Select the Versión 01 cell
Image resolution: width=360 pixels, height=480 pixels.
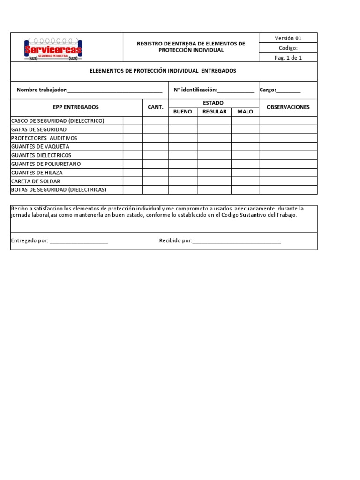coord(288,38)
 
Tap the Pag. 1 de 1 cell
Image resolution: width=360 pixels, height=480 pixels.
coord(288,58)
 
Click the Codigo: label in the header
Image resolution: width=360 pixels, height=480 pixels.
coord(288,48)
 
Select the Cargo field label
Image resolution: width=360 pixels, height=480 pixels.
coord(268,90)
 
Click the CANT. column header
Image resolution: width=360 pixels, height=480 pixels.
coord(155,107)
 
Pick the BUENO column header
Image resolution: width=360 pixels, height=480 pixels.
coord(183,112)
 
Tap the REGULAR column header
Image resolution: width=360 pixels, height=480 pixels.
coord(214,112)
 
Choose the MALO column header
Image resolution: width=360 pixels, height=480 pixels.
coord(245,112)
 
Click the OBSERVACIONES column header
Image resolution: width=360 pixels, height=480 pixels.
coord(288,107)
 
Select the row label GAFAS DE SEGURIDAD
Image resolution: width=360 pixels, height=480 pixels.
coord(39,129)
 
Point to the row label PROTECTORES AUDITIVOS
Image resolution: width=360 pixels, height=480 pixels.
coord(44,138)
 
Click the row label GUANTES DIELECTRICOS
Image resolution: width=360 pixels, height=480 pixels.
coord(41,155)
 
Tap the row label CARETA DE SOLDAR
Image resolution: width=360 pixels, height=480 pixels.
coord(36,181)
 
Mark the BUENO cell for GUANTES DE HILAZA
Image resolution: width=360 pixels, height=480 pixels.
coord(183,172)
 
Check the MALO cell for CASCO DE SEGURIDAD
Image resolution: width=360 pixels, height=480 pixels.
coord(245,121)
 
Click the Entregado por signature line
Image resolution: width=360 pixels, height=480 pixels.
coord(79,241)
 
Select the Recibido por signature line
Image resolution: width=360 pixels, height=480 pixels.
coord(237,241)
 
